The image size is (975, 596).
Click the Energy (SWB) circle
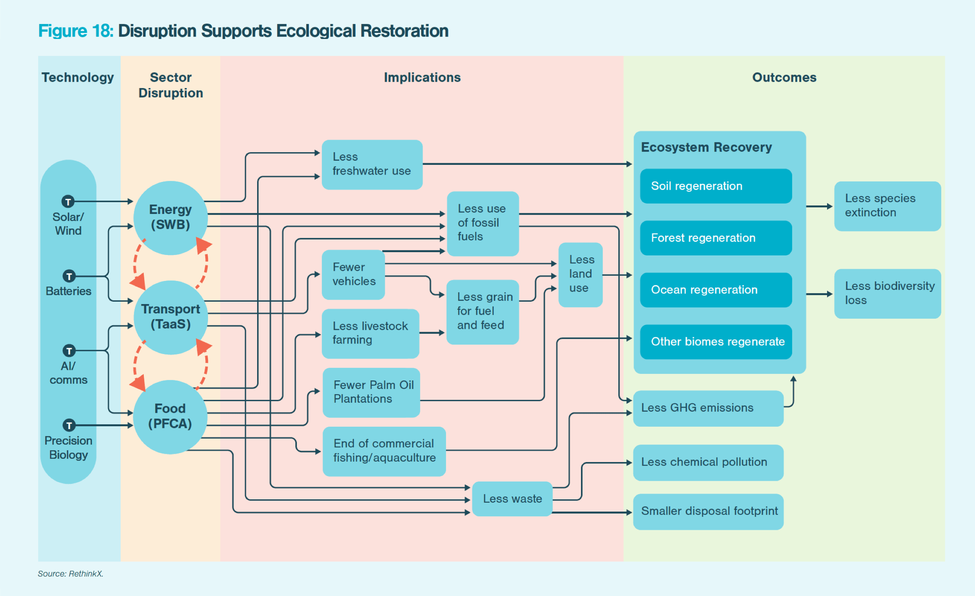click(171, 218)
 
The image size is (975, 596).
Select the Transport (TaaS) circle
click(171, 317)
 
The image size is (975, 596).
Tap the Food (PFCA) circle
click(170, 417)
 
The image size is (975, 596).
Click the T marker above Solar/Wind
click(68, 201)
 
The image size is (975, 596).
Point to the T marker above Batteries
click(69, 276)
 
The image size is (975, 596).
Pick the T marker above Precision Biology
click(69, 425)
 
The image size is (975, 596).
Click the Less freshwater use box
click(372, 164)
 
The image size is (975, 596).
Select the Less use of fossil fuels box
click(483, 223)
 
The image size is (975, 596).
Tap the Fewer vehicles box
click(353, 274)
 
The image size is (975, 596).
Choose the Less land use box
click(580, 274)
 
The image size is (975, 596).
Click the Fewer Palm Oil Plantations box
click(371, 392)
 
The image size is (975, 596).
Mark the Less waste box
click(512, 499)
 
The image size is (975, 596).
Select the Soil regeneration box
click(716, 186)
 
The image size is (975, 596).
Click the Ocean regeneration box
click(716, 290)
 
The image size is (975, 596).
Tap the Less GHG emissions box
click(708, 408)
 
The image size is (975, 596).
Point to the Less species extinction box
click(887, 206)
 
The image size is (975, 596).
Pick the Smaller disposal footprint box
click(708, 511)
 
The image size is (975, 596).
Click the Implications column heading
click(422, 78)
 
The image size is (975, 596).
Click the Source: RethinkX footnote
click(71, 574)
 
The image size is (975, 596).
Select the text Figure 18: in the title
click(76, 31)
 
